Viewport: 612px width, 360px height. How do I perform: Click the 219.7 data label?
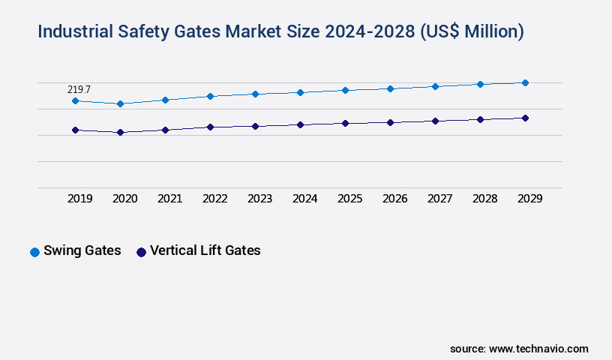pyautogui.click(x=79, y=89)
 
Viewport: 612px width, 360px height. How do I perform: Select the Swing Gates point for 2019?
pyautogui.click(x=75, y=100)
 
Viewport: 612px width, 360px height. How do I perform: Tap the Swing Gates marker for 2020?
pyautogui.click(x=120, y=103)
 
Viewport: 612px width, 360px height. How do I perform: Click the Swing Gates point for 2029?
pyautogui.click(x=525, y=82)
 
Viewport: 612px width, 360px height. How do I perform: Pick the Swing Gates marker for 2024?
pyautogui.click(x=300, y=92)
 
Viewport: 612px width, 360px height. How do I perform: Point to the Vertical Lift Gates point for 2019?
pyautogui.click(x=75, y=130)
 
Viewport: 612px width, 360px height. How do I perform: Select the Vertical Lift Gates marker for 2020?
pyautogui.click(x=120, y=132)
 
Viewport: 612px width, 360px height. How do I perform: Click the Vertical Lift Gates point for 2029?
pyautogui.click(x=525, y=118)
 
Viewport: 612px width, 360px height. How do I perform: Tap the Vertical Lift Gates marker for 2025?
pyautogui.click(x=345, y=123)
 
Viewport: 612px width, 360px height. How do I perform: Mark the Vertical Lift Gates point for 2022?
pyautogui.click(x=210, y=127)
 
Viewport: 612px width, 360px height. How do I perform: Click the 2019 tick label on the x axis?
pyautogui.click(x=80, y=199)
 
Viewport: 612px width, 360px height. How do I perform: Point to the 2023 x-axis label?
pyautogui.click(x=260, y=199)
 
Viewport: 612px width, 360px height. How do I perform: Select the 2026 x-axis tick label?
pyautogui.click(x=395, y=199)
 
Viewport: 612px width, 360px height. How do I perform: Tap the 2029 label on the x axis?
pyautogui.click(x=530, y=199)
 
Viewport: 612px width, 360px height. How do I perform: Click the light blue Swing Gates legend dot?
pyautogui.click(x=34, y=252)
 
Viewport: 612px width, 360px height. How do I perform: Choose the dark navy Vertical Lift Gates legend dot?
pyautogui.click(x=141, y=252)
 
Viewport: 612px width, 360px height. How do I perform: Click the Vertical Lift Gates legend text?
pyautogui.click(x=205, y=250)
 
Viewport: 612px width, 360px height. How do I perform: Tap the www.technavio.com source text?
pyautogui.click(x=538, y=349)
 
